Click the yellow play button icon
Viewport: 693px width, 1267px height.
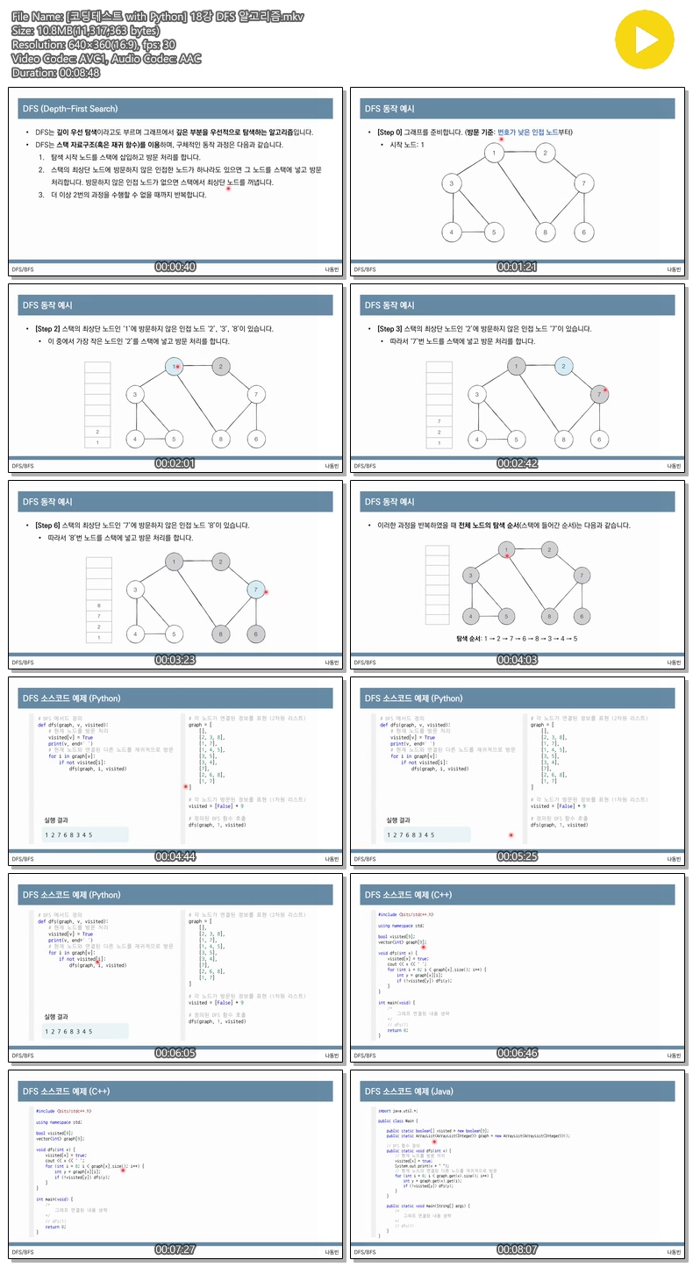point(649,39)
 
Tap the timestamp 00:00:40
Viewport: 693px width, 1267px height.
point(175,267)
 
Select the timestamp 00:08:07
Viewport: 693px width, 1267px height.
point(518,1249)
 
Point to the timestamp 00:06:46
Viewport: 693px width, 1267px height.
point(518,1053)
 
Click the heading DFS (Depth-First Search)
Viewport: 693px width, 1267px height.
point(70,109)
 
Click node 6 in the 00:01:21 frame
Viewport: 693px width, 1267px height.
point(583,233)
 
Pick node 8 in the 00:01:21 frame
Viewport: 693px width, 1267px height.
point(545,233)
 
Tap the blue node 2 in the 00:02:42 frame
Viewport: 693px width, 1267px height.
point(563,366)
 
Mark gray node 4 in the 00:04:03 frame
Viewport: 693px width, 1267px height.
point(472,616)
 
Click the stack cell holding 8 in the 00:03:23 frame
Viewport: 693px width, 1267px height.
point(98,605)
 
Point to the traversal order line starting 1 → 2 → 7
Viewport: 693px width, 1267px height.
point(518,639)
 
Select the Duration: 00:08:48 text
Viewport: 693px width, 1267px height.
point(56,73)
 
